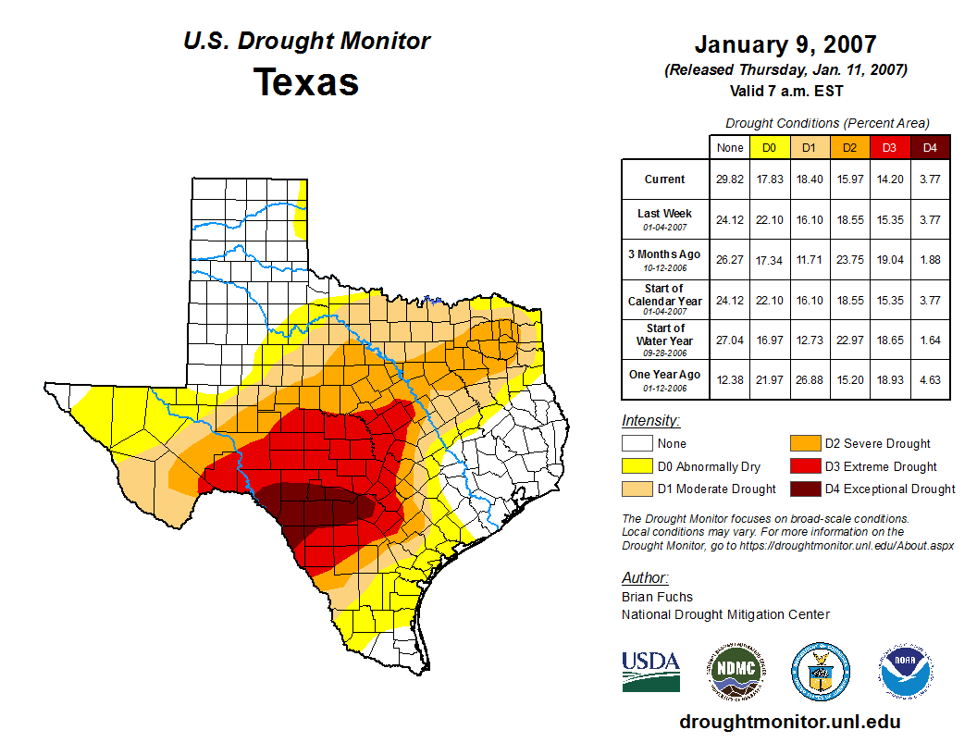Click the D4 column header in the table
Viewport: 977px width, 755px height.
(930, 147)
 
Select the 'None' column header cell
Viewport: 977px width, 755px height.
(730, 147)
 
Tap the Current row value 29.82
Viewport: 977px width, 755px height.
(730, 179)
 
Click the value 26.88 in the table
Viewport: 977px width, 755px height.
(810, 379)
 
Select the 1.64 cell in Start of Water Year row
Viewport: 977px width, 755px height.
(930, 340)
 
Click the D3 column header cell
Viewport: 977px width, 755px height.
(890, 147)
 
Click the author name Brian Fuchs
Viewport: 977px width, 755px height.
(657, 597)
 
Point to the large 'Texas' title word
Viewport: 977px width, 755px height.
(306, 81)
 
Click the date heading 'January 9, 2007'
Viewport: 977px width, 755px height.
(785, 44)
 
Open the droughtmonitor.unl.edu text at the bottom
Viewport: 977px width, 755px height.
(789, 722)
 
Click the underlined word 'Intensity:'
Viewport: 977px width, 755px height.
(650, 421)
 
